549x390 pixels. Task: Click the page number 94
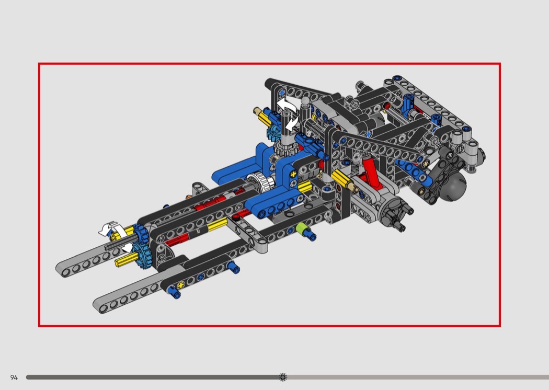(x=14, y=377)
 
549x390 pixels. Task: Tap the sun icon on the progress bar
(x=283, y=377)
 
